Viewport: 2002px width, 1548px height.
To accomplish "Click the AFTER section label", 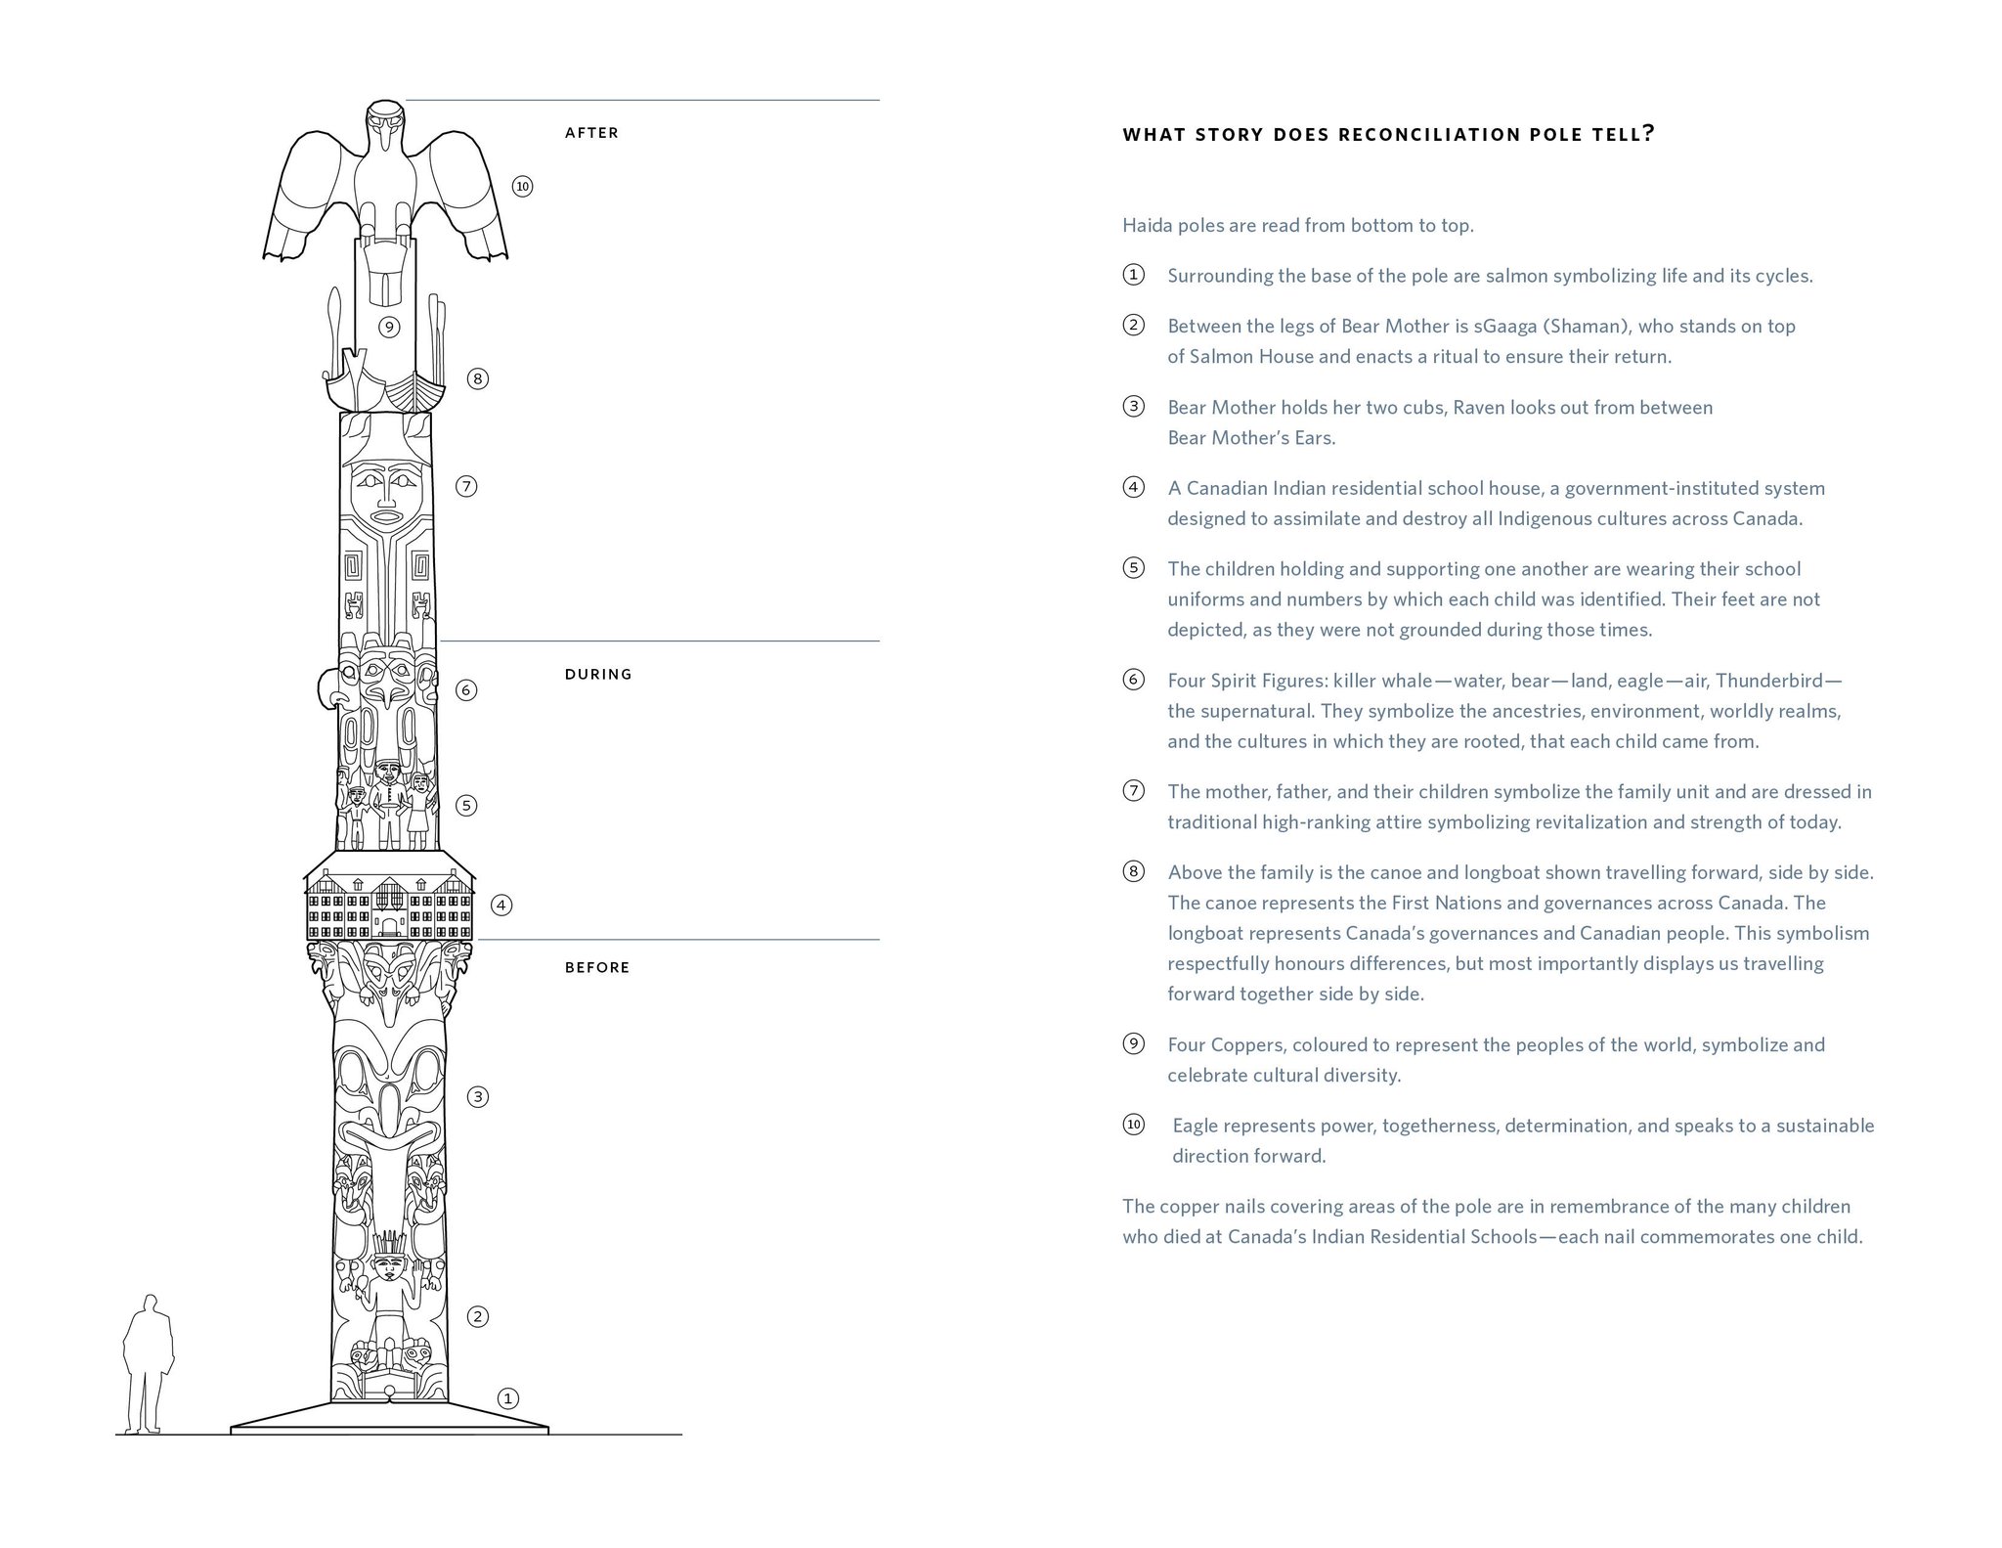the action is [x=591, y=133].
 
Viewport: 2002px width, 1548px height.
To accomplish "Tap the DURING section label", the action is [x=598, y=674].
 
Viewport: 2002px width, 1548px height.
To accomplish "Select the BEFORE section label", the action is [x=597, y=967].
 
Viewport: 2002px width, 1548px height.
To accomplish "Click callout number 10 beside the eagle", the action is [x=522, y=187].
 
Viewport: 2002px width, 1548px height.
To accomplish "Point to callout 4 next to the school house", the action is [x=501, y=905].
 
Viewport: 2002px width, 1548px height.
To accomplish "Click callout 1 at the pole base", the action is [x=507, y=1398].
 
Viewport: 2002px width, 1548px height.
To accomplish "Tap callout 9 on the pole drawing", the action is [x=389, y=327].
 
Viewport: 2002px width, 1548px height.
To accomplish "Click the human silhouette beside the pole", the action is [x=149, y=1364].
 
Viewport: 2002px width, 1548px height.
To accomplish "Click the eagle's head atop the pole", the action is [x=384, y=127].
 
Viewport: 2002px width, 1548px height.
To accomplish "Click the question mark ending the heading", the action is [x=1649, y=134].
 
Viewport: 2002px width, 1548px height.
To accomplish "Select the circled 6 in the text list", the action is [x=1133, y=680].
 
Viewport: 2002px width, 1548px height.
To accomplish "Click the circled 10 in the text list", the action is [x=1133, y=1125].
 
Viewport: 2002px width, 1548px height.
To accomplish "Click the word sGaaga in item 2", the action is [x=1505, y=326].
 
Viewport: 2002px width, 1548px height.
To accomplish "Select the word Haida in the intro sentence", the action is [x=1146, y=226].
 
